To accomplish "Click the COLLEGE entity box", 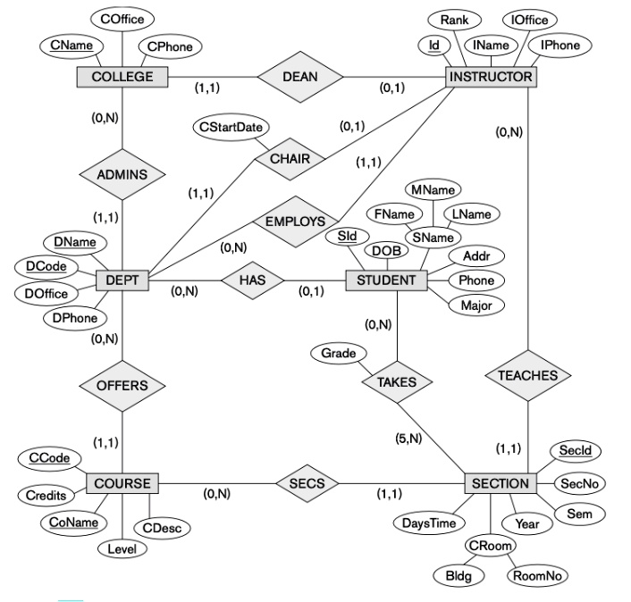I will (x=122, y=77).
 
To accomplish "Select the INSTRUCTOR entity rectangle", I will (x=491, y=77).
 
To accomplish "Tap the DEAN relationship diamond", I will (x=300, y=77).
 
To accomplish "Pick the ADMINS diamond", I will (x=122, y=174).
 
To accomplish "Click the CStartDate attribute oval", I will (x=232, y=128).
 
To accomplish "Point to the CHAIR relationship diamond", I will (x=288, y=159).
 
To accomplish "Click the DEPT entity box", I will (x=122, y=280).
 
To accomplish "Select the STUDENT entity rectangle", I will (x=386, y=280).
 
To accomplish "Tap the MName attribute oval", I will (x=433, y=189).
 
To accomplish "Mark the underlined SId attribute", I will (x=347, y=236).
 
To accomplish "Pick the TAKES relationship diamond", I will (x=396, y=381).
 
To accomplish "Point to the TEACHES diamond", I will (x=528, y=376).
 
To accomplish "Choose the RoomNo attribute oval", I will (x=537, y=576).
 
